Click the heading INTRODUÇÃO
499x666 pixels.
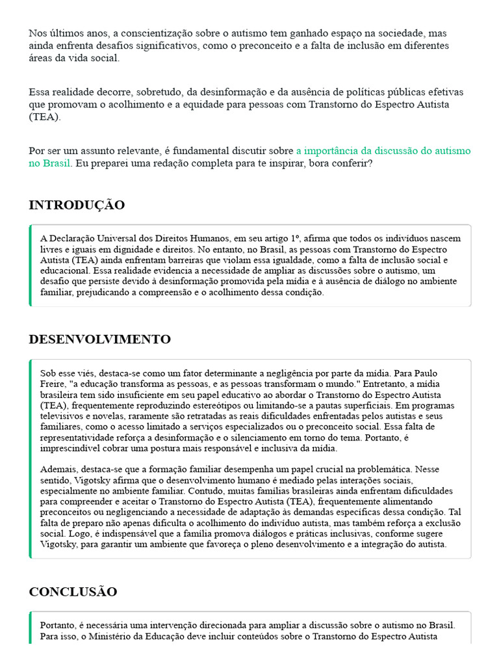pyautogui.click(x=77, y=206)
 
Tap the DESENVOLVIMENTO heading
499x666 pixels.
pyautogui.click(x=99, y=340)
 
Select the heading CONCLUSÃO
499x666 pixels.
pyautogui.click(x=73, y=592)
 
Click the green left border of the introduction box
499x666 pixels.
pyautogui.click(x=31, y=265)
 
